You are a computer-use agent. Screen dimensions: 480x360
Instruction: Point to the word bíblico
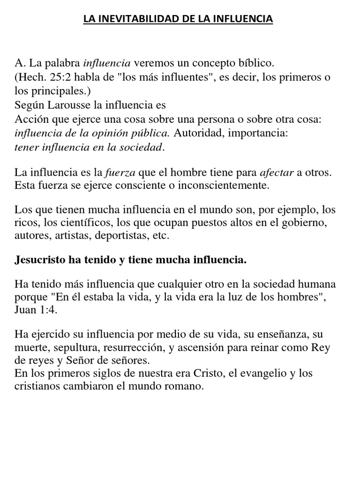pos(254,63)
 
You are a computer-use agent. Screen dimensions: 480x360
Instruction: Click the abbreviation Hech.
pos(31,77)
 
